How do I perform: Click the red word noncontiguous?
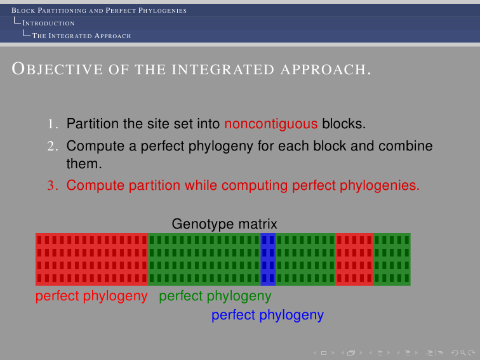click(x=271, y=124)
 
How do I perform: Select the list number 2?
click(x=53, y=146)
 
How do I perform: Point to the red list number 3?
click(x=53, y=185)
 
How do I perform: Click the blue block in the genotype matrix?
click(x=268, y=259)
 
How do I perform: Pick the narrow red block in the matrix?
click(x=354, y=259)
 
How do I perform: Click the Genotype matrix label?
click(x=224, y=224)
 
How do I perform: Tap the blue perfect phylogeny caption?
click(x=267, y=315)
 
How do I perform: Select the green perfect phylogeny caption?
click(x=215, y=296)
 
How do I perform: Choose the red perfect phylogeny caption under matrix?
click(x=91, y=296)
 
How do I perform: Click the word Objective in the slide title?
click(x=57, y=69)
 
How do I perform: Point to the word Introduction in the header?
click(x=48, y=23)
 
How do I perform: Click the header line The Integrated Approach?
click(x=81, y=36)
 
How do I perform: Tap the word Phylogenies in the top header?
click(x=163, y=10)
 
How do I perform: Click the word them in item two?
click(x=84, y=164)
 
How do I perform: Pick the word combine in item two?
click(x=406, y=146)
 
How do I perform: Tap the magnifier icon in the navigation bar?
click(x=463, y=353)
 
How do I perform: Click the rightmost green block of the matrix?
click(x=392, y=259)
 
